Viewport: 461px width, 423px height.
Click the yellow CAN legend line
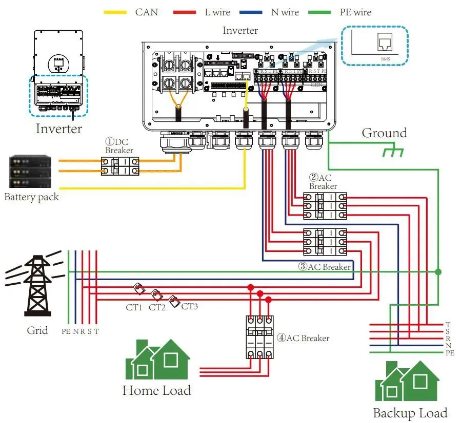pos(115,11)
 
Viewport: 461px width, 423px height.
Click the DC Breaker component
pos(120,166)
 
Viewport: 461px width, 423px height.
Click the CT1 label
pos(134,307)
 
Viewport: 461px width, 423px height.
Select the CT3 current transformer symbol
pos(175,301)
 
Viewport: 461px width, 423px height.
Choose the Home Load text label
pos(156,391)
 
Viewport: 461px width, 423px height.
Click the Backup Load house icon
pos(407,381)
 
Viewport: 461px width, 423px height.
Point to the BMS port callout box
pos(375,46)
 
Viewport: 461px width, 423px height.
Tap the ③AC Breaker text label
pos(325,267)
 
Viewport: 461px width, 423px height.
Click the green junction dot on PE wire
pos(437,271)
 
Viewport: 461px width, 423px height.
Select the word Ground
pos(384,133)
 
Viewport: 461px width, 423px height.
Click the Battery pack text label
pos(32,197)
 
